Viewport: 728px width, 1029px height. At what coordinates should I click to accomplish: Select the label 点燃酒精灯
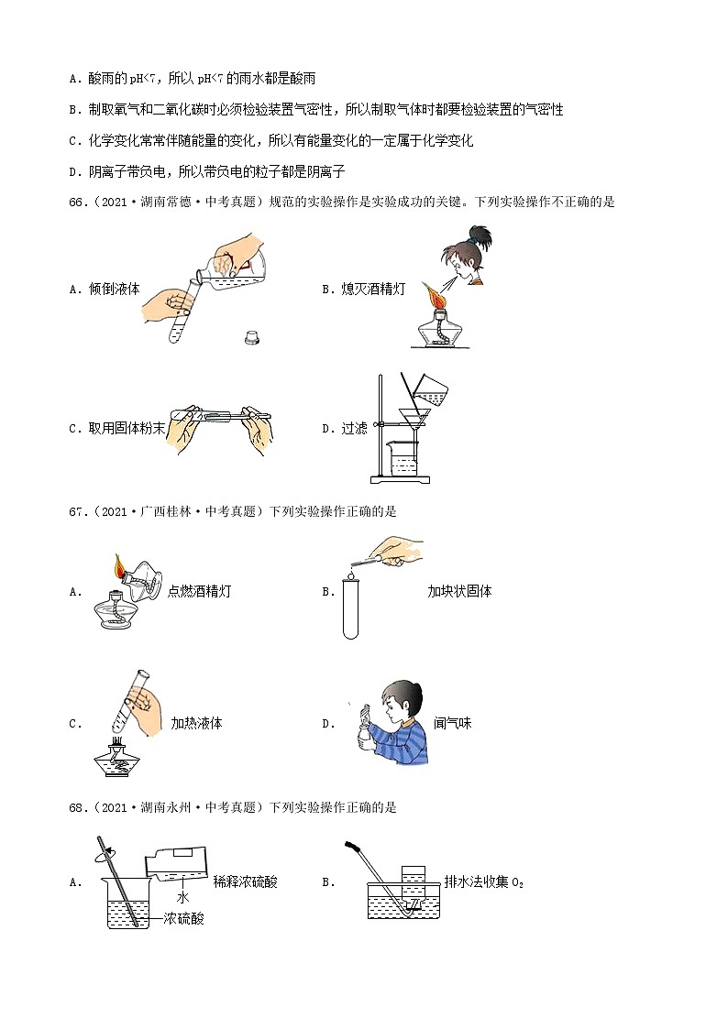pos(200,591)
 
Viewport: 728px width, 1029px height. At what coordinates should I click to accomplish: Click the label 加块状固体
pos(459,591)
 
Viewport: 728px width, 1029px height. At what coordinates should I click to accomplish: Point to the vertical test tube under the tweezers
pos(350,606)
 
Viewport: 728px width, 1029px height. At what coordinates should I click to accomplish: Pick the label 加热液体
pos(196,723)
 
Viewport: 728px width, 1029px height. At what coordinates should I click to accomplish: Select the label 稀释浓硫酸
pos(245,881)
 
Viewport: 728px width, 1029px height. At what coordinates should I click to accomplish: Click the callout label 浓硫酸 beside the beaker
pos(183,917)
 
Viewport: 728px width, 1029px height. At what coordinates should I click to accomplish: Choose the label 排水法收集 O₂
pos(482,881)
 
